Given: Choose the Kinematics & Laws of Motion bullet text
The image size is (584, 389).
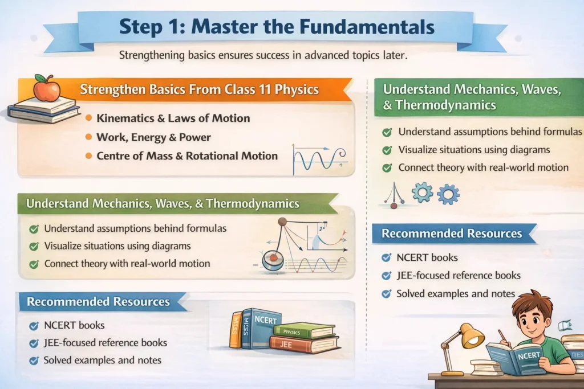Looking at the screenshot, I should [x=173, y=118].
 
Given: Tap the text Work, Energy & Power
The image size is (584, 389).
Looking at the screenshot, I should [x=153, y=137].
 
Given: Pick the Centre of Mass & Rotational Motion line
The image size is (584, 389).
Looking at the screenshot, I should [x=186, y=155].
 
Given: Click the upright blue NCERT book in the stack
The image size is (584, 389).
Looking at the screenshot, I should [x=261, y=329].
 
